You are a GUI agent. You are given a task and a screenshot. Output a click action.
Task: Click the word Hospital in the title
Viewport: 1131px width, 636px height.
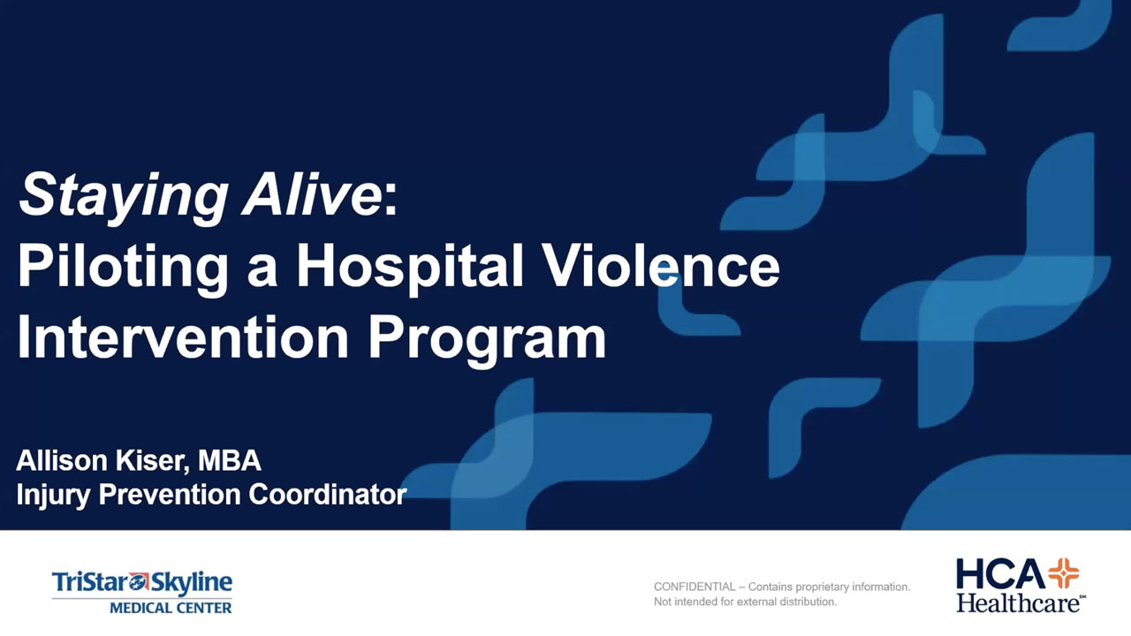coord(410,267)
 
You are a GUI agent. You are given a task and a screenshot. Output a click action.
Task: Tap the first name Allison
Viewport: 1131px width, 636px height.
coord(62,460)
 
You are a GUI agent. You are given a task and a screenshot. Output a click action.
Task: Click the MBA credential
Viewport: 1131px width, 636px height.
coord(229,460)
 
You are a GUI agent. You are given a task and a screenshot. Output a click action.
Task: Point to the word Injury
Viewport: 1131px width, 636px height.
coord(54,496)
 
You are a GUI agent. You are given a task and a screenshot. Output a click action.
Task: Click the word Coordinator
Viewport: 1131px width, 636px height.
coord(328,494)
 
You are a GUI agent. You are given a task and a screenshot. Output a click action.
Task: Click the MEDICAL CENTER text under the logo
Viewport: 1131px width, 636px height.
coord(171,607)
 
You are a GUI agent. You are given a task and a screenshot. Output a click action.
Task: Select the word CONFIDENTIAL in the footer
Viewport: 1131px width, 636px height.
coord(695,587)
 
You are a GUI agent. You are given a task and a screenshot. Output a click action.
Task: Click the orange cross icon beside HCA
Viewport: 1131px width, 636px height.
coord(1064,573)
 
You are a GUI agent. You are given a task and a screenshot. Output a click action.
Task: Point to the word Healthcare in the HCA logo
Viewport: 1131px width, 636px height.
coord(1019,603)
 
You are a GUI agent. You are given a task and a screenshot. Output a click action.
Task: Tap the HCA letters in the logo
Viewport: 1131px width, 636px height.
coord(1001,574)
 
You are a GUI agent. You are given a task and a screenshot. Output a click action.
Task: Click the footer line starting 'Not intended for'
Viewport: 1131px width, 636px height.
coord(745,602)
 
